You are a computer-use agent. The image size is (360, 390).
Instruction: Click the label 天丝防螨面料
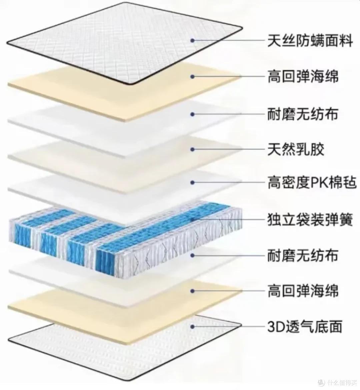[310, 41]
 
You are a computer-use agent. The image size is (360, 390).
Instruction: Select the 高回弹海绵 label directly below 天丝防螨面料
[303, 76]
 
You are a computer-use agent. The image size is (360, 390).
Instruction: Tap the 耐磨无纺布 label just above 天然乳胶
[303, 114]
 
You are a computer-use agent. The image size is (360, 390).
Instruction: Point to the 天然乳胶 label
[296, 149]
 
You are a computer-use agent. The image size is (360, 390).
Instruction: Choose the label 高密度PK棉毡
[312, 182]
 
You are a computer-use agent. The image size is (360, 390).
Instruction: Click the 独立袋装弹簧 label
[310, 220]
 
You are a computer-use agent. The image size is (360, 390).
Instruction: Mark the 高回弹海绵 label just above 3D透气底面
[303, 291]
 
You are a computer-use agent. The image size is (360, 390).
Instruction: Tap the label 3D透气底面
[305, 326]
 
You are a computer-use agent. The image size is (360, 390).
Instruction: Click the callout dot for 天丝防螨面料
[192, 40]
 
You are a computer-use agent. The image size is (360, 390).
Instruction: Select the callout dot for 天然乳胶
[192, 149]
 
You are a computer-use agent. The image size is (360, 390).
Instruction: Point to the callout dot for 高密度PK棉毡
[192, 182]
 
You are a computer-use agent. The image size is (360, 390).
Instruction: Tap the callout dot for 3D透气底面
[192, 326]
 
